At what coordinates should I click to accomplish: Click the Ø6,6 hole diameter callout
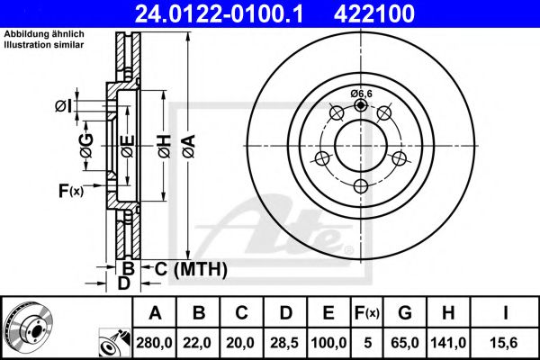click(x=361, y=93)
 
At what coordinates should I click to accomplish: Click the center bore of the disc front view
click(x=361, y=145)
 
